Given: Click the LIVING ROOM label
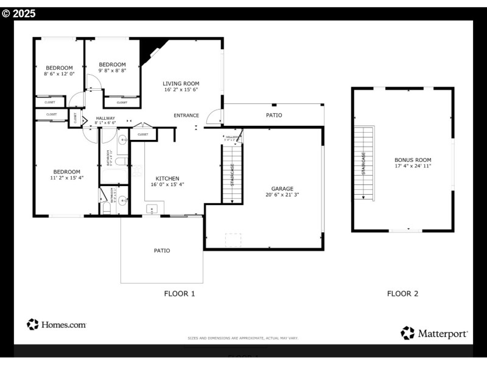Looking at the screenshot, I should [x=181, y=83].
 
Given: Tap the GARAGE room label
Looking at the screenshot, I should [x=282, y=189].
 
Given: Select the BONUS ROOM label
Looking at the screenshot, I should [x=413, y=160].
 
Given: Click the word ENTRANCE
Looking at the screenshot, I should [x=186, y=115].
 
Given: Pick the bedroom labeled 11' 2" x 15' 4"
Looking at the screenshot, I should [x=66, y=172].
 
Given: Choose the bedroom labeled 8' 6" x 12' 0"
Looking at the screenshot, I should [x=59, y=68].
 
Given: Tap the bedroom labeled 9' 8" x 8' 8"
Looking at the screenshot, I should [x=112, y=64].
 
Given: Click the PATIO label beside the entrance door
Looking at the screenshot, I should [x=274, y=115].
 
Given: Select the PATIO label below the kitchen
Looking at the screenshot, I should [x=162, y=251].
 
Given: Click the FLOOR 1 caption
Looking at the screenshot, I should [x=180, y=293].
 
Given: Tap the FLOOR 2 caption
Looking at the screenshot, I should [x=402, y=293].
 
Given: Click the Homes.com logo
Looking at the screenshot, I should [x=57, y=325].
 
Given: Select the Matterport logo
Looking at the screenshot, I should [x=435, y=333].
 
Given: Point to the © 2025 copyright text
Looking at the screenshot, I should [x=19, y=13].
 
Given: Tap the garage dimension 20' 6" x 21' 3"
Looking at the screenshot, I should [x=282, y=195].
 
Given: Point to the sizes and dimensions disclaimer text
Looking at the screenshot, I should [x=243, y=338].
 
